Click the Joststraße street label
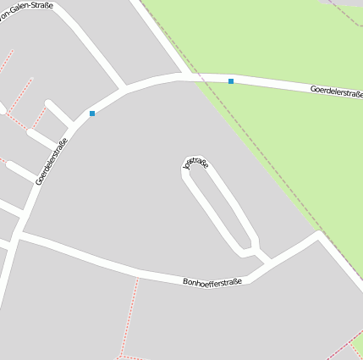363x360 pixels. point(196,163)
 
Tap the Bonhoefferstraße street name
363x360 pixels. point(212,281)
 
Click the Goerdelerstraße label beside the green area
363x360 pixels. point(336,91)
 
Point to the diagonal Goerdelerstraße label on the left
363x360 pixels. point(52,161)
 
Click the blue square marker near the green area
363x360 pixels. point(231,81)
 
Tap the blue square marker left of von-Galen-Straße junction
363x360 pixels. point(92,113)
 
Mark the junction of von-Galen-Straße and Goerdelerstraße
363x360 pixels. point(124,87)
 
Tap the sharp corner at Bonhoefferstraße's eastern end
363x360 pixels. point(319,235)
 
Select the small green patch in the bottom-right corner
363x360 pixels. point(359,346)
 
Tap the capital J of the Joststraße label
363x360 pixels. point(186,167)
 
